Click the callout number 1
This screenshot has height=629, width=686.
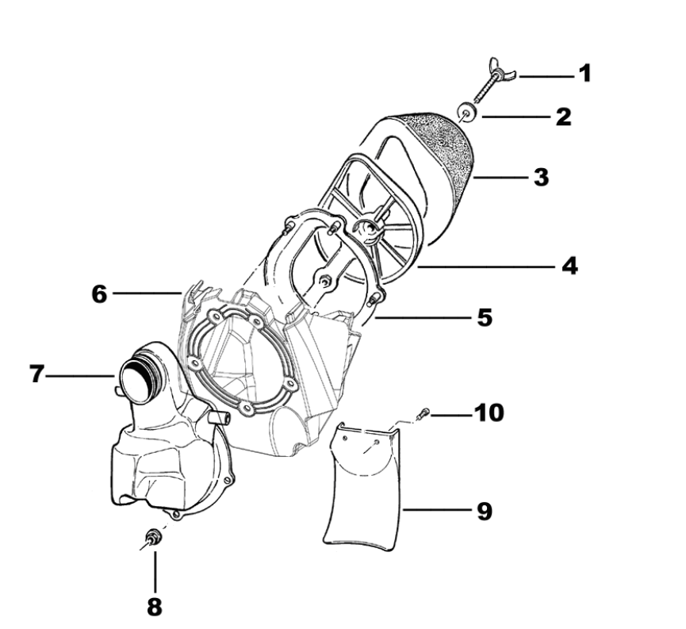pyautogui.click(x=584, y=75)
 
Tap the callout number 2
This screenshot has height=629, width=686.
pyautogui.click(x=563, y=117)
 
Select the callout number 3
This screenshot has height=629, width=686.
pyautogui.click(x=541, y=176)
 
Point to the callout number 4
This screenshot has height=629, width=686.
pyautogui.click(x=569, y=266)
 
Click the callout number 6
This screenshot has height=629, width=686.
pyautogui.click(x=98, y=293)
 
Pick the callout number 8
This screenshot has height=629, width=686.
pyautogui.click(x=154, y=607)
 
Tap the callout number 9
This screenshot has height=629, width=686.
pyautogui.click(x=483, y=511)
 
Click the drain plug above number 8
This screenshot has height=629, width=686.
pyautogui.click(x=153, y=539)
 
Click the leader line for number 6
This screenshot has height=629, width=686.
pyautogui.click(x=147, y=293)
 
